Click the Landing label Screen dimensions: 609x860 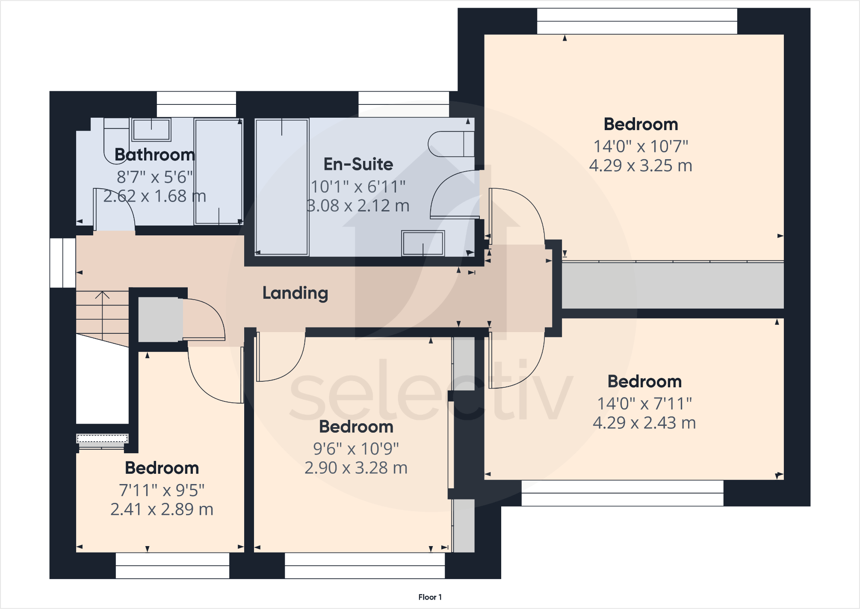pyautogui.click(x=295, y=293)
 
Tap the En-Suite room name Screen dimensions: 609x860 pyautogui.click(x=358, y=164)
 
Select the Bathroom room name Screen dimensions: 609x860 pyautogui.click(x=154, y=155)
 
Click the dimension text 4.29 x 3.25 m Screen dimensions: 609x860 pyautogui.click(x=640, y=166)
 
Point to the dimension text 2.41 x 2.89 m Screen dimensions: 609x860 pyautogui.click(x=162, y=509)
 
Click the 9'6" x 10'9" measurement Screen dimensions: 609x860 pyautogui.click(x=356, y=449)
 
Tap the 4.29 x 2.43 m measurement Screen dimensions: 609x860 pyautogui.click(x=644, y=423)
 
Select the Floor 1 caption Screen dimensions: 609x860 pyautogui.click(x=430, y=597)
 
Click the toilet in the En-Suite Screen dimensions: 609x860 pyautogui.click(x=451, y=144)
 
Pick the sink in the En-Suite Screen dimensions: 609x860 pyautogui.click(x=423, y=244)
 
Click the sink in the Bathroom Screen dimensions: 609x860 pyautogui.click(x=151, y=129)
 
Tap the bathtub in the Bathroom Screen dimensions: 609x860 pyautogui.click(x=219, y=171)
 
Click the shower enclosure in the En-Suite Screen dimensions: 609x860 pyautogui.click(x=281, y=187)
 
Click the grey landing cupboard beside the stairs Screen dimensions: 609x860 pyautogui.click(x=158, y=319)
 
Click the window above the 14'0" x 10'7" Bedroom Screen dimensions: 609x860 pyautogui.click(x=637, y=21)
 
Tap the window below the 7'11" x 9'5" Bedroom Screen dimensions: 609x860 pyautogui.click(x=172, y=565)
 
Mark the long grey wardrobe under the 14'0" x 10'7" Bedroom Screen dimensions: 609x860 pyautogui.click(x=672, y=285)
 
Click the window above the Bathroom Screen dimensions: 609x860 pyautogui.click(x=196, y=104)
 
